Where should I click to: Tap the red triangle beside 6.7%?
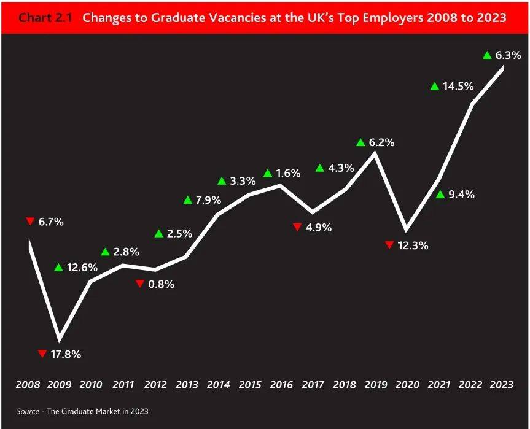pos(29,221)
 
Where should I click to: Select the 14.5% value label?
pos(458,86)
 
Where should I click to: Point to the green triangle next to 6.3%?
pos(487,55)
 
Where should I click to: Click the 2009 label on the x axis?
pos(60,385)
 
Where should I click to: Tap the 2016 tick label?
pos(280,385)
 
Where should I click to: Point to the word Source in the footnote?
pos(28,411)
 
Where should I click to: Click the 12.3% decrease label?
pos(413,245)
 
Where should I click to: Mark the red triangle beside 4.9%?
pos(297,227)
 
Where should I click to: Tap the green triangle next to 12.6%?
pos(58,267)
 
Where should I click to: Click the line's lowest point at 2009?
pos(59,339)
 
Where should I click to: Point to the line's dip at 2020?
pos(406,230)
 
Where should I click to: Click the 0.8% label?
pos(161,284)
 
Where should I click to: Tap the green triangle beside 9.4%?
pos(440,195)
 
